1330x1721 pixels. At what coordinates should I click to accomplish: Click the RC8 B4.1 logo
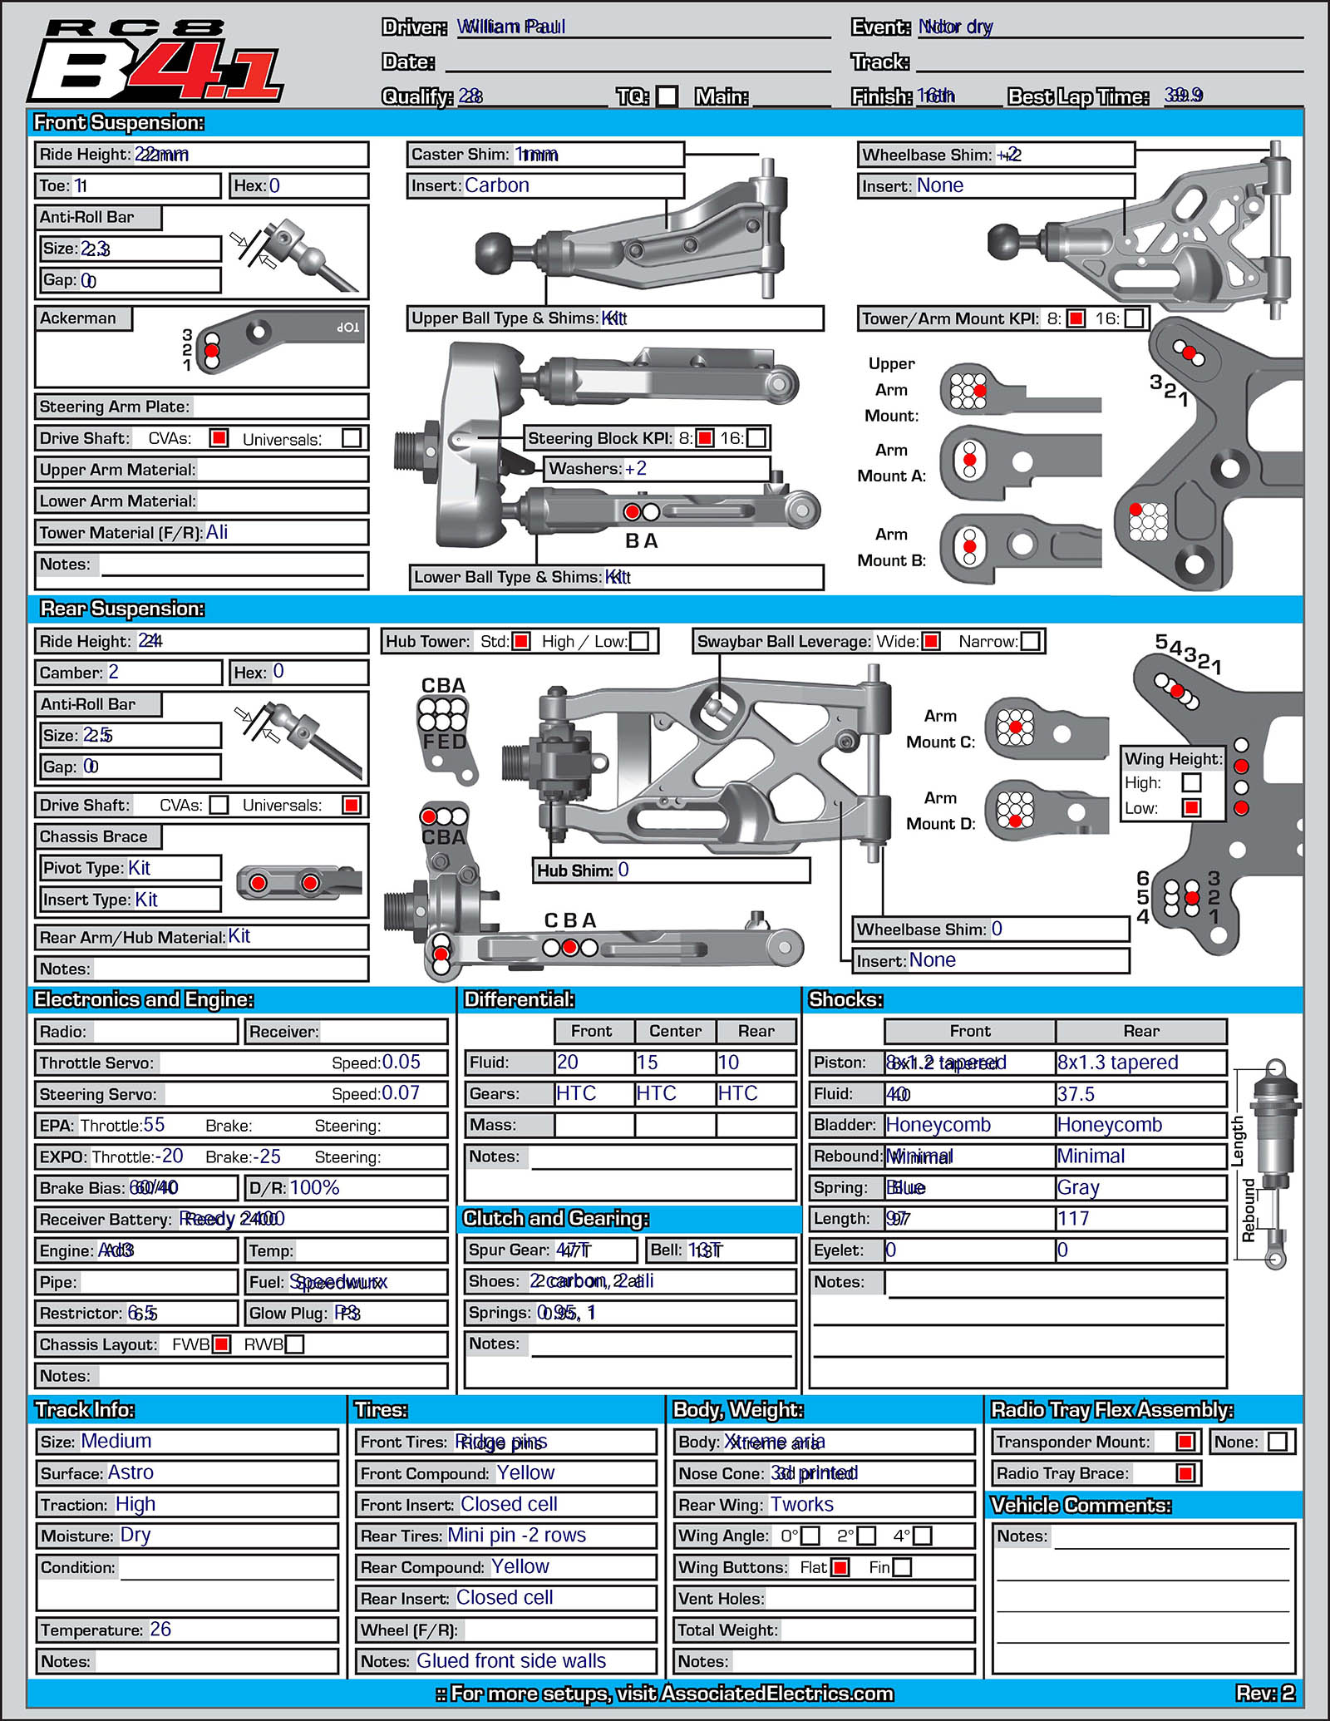coord(156,63)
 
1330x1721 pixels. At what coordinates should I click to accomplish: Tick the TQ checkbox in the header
coord(667,96)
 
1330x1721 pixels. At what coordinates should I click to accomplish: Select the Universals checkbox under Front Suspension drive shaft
coord(352,438)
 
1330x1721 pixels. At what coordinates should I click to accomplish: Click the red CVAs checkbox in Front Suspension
coord(219,438)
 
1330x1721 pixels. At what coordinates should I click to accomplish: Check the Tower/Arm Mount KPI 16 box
coord(1134,318)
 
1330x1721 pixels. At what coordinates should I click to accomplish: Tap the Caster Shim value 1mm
coord(537,155)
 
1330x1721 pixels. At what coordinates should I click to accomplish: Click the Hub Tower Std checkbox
coord(521,641)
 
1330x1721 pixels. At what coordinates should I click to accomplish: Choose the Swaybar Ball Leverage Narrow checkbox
coord(1030,641)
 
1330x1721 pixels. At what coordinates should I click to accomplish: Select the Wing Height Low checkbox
coord(1192,807)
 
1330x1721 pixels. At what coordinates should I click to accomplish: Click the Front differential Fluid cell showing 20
coord(569,1063)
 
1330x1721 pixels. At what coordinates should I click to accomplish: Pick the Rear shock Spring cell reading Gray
coord(1078,1188)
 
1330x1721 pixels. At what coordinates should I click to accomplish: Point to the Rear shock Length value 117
coord(1073,1219)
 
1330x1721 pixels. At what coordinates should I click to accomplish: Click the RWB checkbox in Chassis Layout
coord(294,1344)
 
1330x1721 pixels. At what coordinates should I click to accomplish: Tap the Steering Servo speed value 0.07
coord(401,1093)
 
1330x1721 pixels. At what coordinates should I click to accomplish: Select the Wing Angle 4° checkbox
coord(922,1536)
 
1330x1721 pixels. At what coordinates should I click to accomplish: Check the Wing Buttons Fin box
coord(902,1567)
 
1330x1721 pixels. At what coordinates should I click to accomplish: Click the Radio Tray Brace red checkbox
coord(1186,1473)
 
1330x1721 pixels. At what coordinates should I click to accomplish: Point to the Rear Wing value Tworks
coord(801,1505)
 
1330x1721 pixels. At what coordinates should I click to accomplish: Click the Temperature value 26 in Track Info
coord(160,1630)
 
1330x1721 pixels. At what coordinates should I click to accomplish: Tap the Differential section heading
coord(520,999)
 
